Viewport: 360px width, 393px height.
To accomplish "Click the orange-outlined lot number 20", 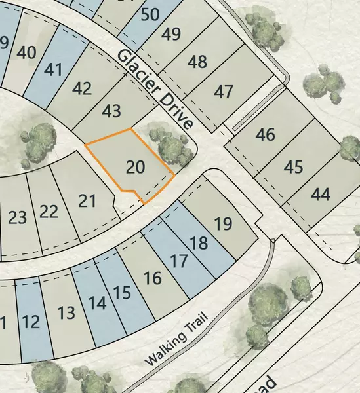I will coord(135,166).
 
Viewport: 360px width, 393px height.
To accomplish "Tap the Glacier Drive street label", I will coord(156,88).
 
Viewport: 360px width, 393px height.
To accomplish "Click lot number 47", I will coord(224,91).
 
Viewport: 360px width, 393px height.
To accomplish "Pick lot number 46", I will coord(266,135).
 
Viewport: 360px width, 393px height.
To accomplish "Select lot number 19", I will coord(223,223).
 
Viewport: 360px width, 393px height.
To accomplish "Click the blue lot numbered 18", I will coord(199,244).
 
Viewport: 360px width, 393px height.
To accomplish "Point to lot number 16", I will coord(152,278).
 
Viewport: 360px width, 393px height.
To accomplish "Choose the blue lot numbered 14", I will coord(97,303).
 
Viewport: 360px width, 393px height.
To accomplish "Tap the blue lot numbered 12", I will coord(30,322).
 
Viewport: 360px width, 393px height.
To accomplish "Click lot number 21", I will coord(87,200).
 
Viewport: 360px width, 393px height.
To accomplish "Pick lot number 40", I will coord(27,52).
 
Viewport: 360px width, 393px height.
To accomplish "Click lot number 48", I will coord(197,62).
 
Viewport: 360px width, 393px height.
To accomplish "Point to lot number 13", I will coord(66,312).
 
